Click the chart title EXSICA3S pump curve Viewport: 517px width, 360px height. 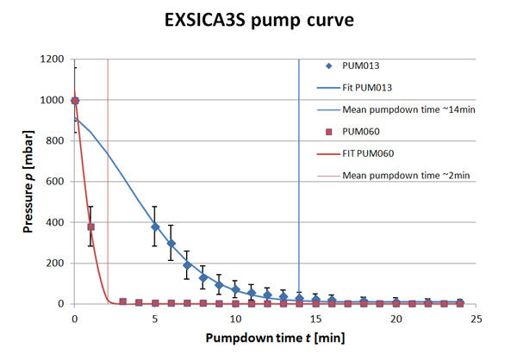258,19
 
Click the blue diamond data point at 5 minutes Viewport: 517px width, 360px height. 155,227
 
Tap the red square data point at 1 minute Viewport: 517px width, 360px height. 90,227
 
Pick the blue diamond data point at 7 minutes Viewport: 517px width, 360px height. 187,264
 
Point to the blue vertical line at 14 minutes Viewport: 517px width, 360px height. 299,172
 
